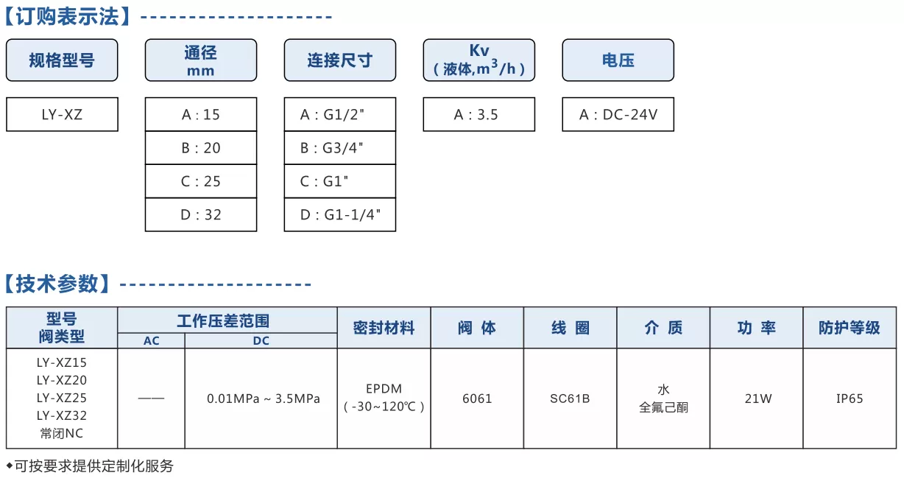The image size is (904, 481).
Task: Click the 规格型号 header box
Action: pyautogui.click(x=62, y=60)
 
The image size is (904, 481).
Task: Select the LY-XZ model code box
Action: pyautogui.click(x=62, y=114)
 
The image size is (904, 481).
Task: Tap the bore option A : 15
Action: pyautogui.click(x=201, y=114)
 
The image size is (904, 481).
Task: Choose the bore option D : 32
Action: pyautogui.click(x=201, y=214)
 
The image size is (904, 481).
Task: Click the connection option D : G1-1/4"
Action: pyautogui.click(x=340, y=214)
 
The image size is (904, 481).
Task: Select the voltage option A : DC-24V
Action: pyautogui.click(x=618, y=114)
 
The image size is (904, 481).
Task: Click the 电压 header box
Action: pyautogui.click(x=618, y=60)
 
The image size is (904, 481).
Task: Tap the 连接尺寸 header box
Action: pyautogui.click(x=340, y=60)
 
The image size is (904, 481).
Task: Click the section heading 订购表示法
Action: pyautogui.click(x=68, y=16)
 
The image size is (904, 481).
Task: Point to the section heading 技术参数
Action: pyautogui.click(x=57, y=284)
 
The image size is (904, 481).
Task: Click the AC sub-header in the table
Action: pyautogui.click(x=152, y=341)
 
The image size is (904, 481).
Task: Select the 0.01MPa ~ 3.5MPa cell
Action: pyautogui.click(x=263, y=399)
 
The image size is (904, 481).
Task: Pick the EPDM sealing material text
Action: pyautogui.click(x=384, y=388)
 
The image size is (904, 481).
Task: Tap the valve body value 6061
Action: pyautogui.click(x=477, y=399)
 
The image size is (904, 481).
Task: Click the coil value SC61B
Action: pyautogui.click(x=570, y=399)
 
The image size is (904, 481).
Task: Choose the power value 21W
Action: pyautogui.click(x=758, y=399)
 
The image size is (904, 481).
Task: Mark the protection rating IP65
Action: pyautogui.click(x=850, y=399)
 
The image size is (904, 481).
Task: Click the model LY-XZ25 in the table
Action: pyautogui.click(x=62, y=398)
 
